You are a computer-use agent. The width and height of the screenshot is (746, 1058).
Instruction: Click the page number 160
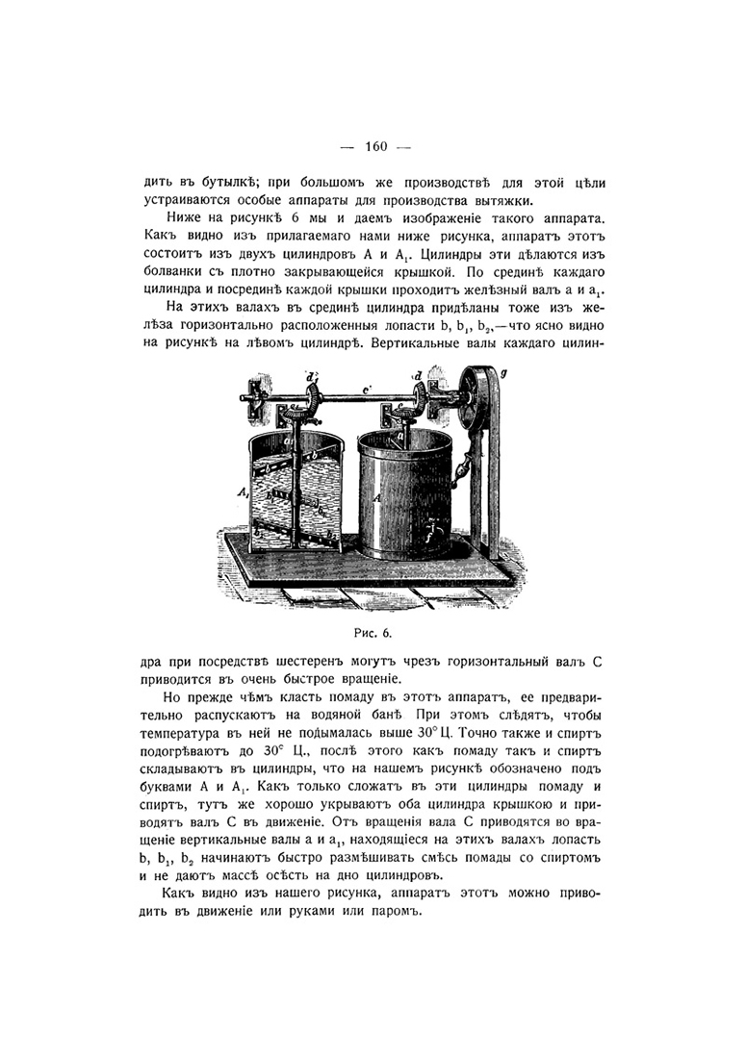tap(375, 146)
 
